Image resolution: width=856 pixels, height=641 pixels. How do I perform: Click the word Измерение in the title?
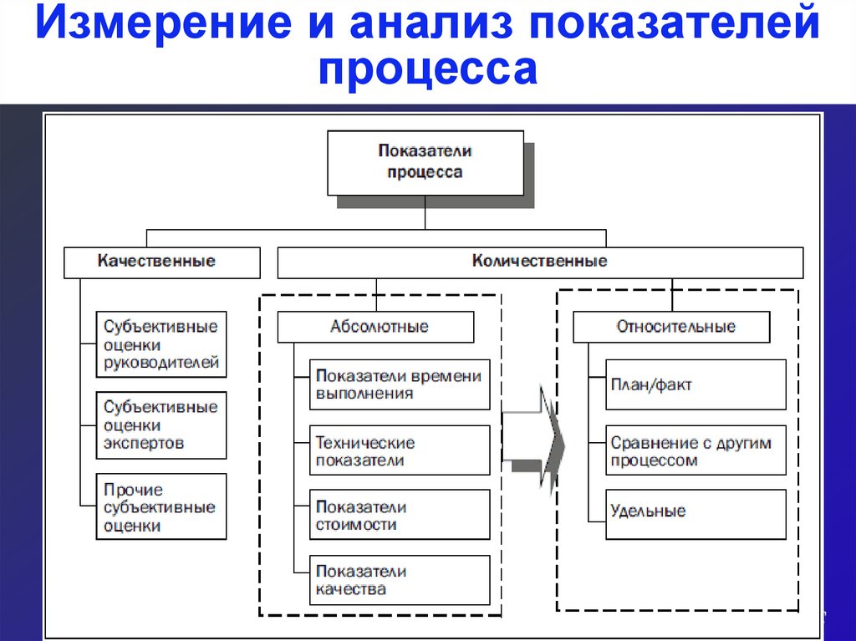[x=164, y=23]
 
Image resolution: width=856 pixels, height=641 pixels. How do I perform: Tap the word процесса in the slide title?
[x=428, y=69]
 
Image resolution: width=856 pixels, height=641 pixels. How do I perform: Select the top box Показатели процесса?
[x=425, y=163]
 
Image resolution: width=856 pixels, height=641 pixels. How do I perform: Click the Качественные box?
[x=162, y=262]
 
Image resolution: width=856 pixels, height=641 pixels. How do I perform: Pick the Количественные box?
[x=541, y=262]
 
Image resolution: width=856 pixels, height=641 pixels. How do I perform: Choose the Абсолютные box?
[x=375, y=327]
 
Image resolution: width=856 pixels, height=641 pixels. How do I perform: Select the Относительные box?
[x=671, y=327]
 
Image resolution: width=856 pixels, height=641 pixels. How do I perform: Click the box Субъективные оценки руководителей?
[x=161, y=344]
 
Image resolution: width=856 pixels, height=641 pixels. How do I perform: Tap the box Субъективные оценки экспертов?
[x=161, y=425]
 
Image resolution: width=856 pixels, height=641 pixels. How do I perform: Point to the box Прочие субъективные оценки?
[x=161, y=506]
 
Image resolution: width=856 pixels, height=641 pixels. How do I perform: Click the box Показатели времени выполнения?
[x=400, y=384]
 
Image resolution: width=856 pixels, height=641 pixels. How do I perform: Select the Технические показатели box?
[x=400, y=450]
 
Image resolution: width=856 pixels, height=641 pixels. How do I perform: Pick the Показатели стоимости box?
[x=400, y=514]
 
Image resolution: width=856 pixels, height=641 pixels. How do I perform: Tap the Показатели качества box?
[x=400, y=580]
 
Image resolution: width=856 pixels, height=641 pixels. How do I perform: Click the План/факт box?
[x=696, y=384]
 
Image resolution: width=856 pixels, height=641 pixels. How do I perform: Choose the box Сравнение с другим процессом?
[x=696, y=450]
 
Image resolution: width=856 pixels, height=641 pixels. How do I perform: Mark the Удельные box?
[x=696, y=514]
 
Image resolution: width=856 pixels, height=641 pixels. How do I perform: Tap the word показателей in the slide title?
[x=675, y=23]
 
